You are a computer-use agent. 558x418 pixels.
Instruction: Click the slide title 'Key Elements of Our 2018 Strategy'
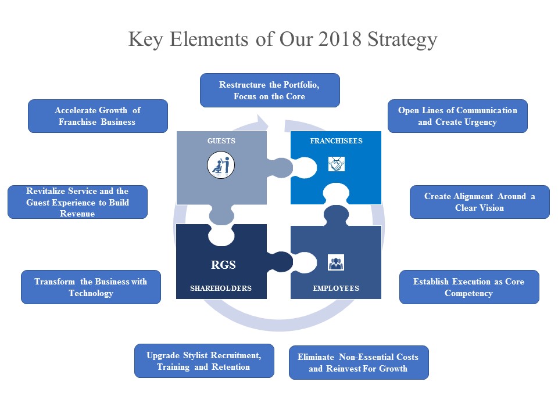click(x=282, y=39)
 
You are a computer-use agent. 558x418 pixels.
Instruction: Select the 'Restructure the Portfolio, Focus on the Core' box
click(x=269, y=91)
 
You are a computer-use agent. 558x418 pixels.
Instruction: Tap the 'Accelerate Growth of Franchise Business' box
click(x=98, y=116)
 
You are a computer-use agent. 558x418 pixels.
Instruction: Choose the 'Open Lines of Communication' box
click(x=457, y=116)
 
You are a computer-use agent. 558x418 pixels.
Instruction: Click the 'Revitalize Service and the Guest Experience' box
click(x=77, y=202)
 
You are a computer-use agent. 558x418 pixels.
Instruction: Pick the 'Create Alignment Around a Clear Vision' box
click(x=480, y=202)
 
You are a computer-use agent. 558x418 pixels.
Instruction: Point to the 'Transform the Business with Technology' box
click(x=91, y=287)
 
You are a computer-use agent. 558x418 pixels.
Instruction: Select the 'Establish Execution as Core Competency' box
click(x=468, y=287)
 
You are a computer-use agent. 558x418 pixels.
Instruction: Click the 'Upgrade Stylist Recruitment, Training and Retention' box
click(x=203, y=361)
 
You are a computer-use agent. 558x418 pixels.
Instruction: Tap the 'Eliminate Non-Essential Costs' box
click(x=358, y=363)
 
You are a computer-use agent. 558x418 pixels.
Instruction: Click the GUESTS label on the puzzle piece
click(x=222, y=141)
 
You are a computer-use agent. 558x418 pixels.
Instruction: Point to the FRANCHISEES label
click(x=336, y=141)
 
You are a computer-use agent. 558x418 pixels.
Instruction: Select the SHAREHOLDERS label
click(x=221, y=289)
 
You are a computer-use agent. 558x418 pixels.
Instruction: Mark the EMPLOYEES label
click(x=336, y=289)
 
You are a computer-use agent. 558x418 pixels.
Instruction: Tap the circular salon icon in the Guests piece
click(x=221, y=165)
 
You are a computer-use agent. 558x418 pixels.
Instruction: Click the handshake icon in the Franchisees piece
click(x=336, y=165)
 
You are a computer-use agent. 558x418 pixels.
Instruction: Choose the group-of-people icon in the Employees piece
click(x=336, y=263)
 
